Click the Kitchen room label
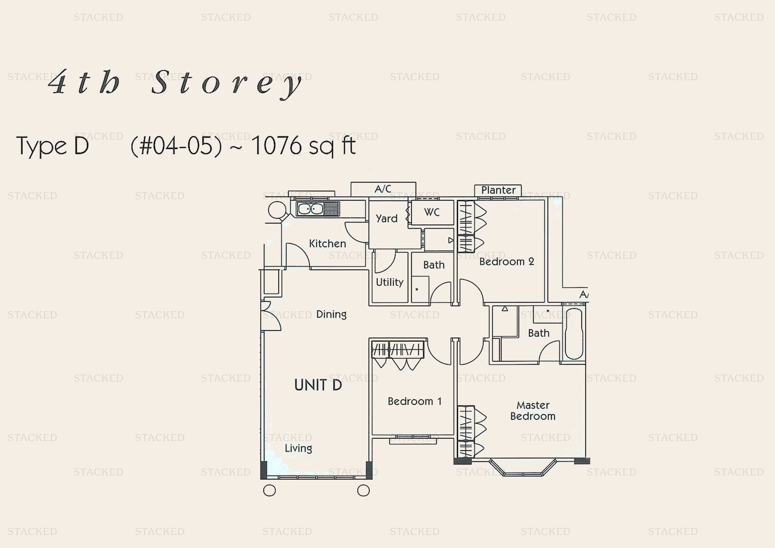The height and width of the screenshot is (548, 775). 327,244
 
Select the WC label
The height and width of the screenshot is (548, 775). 432,212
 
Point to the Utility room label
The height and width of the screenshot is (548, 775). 389,282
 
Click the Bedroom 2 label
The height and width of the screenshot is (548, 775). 507,261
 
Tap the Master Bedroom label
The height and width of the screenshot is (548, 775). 533,411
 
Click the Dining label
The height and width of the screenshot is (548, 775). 331,315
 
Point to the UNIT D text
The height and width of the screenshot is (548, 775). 318,385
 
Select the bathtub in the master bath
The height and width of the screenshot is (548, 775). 574,334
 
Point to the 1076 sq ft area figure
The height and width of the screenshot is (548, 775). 303,146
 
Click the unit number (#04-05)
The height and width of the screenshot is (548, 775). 176,146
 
